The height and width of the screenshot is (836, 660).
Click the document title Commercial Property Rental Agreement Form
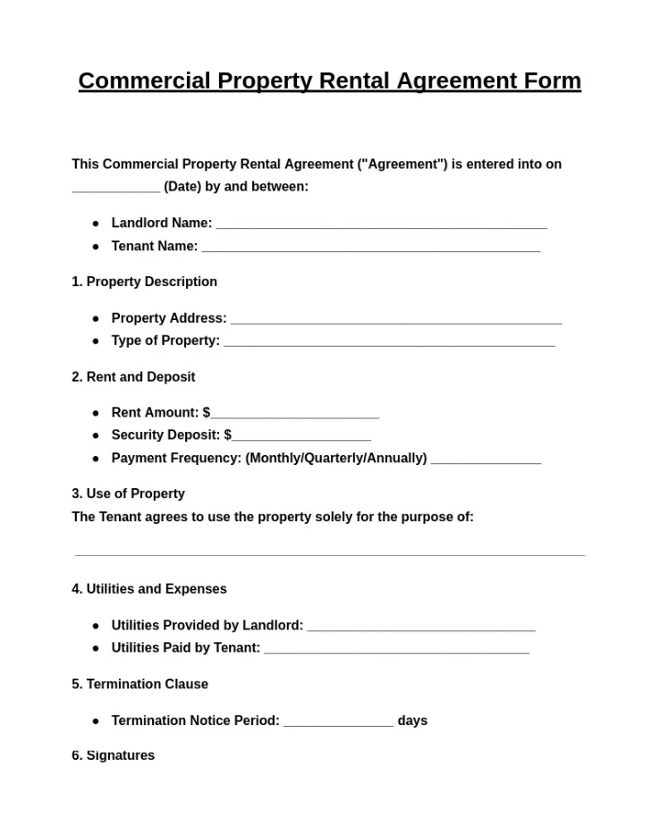tap(329, 80)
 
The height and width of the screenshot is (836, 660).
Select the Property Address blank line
tap(395, 320)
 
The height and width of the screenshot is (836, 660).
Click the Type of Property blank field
tap(389, 342)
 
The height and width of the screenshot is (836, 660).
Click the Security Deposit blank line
tap(300, 437)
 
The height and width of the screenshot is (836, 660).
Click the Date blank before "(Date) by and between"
tap(115, 189)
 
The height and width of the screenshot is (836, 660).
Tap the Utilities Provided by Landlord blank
tap(420, 628)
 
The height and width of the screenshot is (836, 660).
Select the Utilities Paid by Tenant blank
tap(396, 650)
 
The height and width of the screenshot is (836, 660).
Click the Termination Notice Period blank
tap(338, 722)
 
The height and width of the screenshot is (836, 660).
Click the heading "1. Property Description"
tap(144, 282)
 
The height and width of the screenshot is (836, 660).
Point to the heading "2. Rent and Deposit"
tap(133, 377)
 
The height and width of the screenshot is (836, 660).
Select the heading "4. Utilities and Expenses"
tap(149, 589)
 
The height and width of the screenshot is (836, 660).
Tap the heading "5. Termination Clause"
tap(140, 684)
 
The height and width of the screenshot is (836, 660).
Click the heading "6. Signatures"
tap(113, 756)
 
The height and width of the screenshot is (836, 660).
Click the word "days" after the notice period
tap(412, 721)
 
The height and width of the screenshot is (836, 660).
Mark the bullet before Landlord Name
tap(96, 224)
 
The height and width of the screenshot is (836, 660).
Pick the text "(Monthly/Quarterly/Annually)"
tap(336, 458)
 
